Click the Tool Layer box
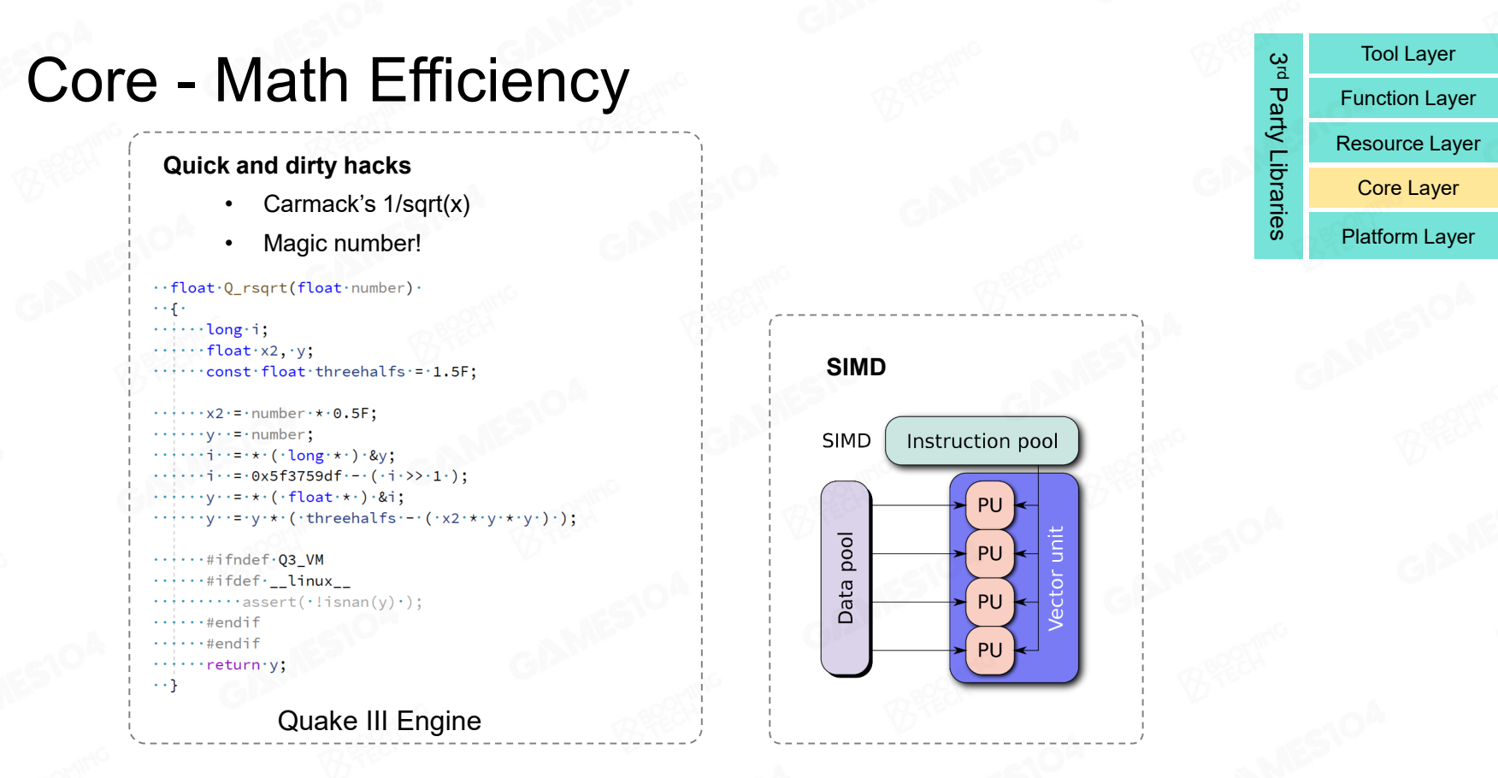(x=1407, y=54)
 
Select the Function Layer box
(x=1407, y=98)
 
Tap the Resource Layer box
(x=1407, y=144)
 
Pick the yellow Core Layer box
(x=1407, y=188)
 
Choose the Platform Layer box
(x=1407, y=237)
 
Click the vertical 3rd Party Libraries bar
(x=1277, y=146)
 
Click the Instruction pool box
(x=982, y=441)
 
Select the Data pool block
(x=846, y=578)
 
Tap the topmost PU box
(x=989, y=505)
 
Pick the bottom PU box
(x=989, y=651)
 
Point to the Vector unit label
(x=1057, y=578)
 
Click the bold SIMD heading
(x=856, y=368)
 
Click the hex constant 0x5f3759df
(x=296, y=476)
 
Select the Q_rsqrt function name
(x=256, y=288)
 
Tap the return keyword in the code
(x=233, y=664)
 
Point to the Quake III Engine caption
(x=379, y=721)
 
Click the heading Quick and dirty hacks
(x=287, y=166)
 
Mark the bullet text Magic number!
(x=342, y=244)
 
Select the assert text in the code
(x=268, y=602)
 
